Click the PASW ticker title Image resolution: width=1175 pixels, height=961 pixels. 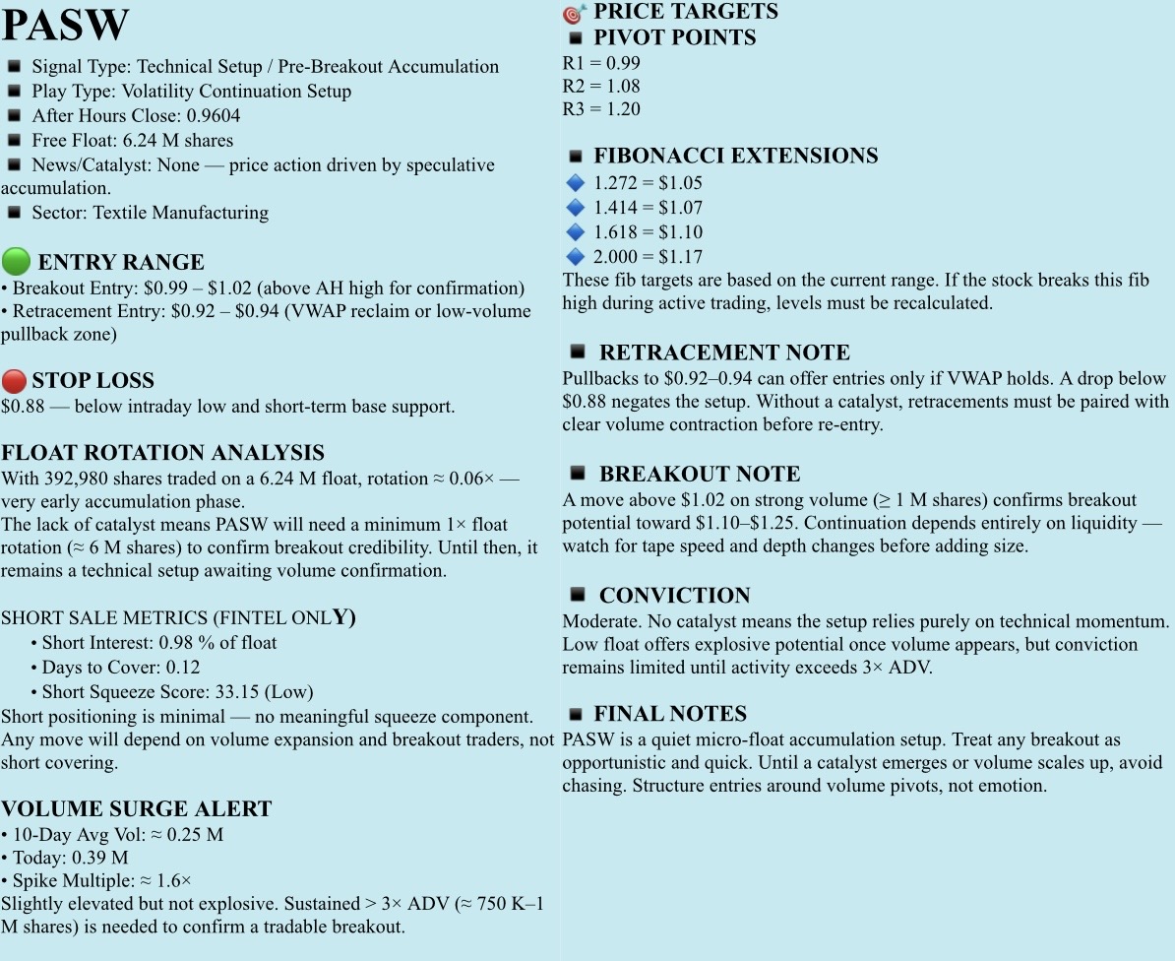click(x=65, y=25)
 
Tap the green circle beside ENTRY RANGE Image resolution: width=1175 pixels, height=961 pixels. click(x=16, y=262)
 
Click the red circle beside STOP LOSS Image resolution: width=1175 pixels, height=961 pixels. click(x=14, y=381)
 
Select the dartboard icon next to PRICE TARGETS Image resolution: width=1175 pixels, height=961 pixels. click(x=575, y=13)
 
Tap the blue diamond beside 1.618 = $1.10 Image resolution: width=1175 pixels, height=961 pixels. click(x=576, y=232)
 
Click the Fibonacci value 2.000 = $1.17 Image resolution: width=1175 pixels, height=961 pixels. click(x=648, y=257)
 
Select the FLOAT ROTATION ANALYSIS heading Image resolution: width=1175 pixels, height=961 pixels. click(x=162, y=453)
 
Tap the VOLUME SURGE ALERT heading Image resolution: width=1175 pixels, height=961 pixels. click(x=136, y=809)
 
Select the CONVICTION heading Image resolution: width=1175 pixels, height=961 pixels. click(x=674, y=596)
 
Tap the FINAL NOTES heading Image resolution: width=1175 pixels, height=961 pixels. click(x=669, y=714)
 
